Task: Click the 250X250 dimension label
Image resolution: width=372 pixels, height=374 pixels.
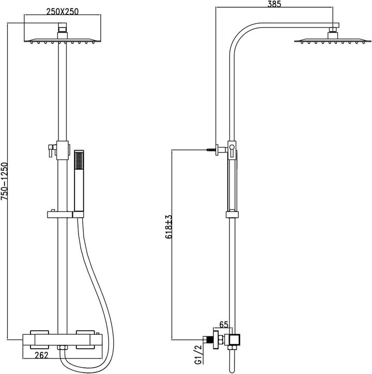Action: (63, 11)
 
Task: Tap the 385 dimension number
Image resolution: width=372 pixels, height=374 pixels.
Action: (274, 4)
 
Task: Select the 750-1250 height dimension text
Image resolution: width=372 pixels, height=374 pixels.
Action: (4, 181)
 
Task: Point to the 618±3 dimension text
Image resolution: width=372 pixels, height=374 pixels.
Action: (168, 227)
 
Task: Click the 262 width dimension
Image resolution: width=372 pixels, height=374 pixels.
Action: (41, 355)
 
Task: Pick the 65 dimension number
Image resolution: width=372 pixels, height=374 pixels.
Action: (224, 324)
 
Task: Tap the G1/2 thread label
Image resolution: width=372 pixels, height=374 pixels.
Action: (198, 354)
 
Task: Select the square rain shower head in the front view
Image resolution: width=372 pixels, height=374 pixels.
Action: (63, 40)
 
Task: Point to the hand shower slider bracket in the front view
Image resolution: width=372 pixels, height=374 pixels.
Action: (66, 215)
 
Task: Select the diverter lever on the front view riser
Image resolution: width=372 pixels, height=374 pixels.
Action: (51, 151)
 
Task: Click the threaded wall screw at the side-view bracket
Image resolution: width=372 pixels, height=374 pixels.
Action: (211, 150)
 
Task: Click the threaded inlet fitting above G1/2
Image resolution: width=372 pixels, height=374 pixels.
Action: (209, 339)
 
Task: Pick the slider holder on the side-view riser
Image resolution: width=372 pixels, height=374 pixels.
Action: (232, 215)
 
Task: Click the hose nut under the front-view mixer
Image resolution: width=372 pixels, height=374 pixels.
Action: (63, 348)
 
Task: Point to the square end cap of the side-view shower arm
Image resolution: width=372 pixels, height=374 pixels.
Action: (336, 25)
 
